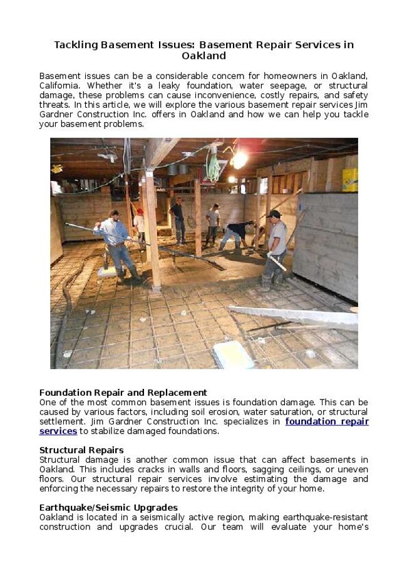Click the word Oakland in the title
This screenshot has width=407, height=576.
[203, 56]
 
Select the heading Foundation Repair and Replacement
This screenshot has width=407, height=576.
[123, 393]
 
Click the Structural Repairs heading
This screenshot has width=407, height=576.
[81, 450]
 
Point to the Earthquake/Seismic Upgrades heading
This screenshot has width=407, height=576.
[108, 507]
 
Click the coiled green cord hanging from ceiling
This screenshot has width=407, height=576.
[214, 166]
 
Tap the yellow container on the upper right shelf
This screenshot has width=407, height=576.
[349, 179]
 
